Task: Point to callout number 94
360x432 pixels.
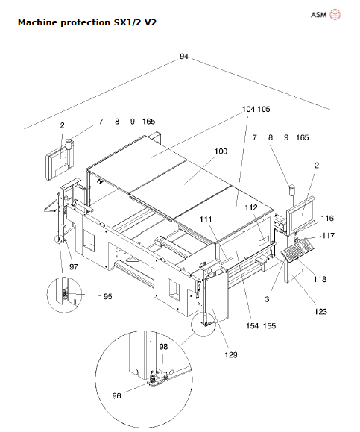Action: [183, 57]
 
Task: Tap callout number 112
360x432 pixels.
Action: [250, 208]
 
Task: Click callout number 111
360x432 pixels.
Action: [206, 220]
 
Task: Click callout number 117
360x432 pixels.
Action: [327, 236]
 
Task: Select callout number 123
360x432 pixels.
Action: [320, 312]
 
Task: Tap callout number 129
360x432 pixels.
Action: [232, 355]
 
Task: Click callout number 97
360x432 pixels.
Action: [73, 266]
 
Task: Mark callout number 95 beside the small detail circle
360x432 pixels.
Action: [107, 296]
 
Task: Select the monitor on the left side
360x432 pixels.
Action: [57, 164]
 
